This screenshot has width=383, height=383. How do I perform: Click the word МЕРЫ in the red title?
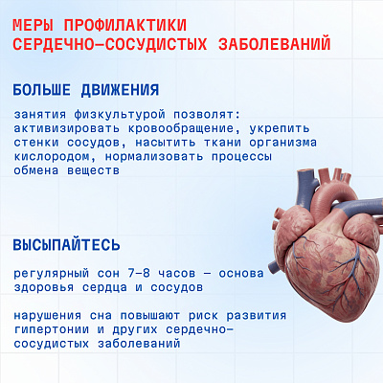click(33, 25)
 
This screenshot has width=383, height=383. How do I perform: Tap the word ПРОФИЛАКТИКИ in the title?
click(125, 25)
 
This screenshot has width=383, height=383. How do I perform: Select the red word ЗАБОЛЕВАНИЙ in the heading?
click(275, 44)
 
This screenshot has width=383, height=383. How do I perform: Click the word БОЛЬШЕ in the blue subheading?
click(41, 90)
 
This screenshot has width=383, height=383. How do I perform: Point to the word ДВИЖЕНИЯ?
click(120, 90)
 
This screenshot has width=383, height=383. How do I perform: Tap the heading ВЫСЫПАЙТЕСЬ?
click(66, 245)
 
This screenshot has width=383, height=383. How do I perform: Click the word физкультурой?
click(120, 114)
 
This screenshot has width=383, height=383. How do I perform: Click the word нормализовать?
click(154, 157)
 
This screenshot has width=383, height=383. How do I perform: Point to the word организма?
click(282, 143)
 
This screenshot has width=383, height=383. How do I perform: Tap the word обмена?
click(36, 170)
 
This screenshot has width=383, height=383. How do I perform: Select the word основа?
click(241, 274)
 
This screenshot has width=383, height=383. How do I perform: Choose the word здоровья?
click(44, 287)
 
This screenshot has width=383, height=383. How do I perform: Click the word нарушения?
click(47, 316)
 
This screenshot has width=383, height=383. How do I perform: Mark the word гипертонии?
click(52, 329)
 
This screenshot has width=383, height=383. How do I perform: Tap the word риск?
click(203, 316)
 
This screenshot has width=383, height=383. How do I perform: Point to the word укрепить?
click(280, 128)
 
